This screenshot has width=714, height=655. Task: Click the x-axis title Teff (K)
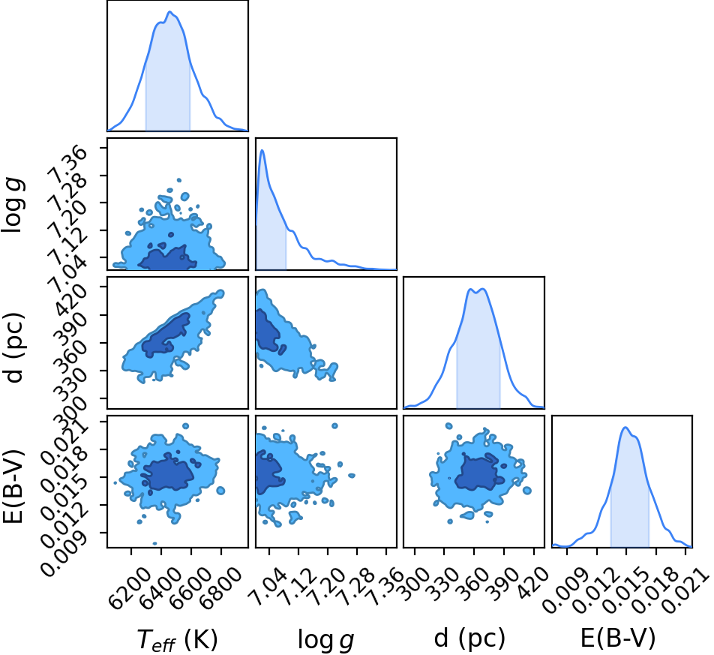(178, 640)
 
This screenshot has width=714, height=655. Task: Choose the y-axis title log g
(13, 206)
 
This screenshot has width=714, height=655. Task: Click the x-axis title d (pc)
(469, 638)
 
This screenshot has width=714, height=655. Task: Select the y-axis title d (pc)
(13, 347)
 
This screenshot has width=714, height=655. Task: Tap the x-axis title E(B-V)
(618, 638)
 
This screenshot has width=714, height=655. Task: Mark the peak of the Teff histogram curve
(169, 11)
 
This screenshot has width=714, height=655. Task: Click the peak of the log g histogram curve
(262, 150)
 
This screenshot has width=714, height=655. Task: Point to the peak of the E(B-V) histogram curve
(625, 427)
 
